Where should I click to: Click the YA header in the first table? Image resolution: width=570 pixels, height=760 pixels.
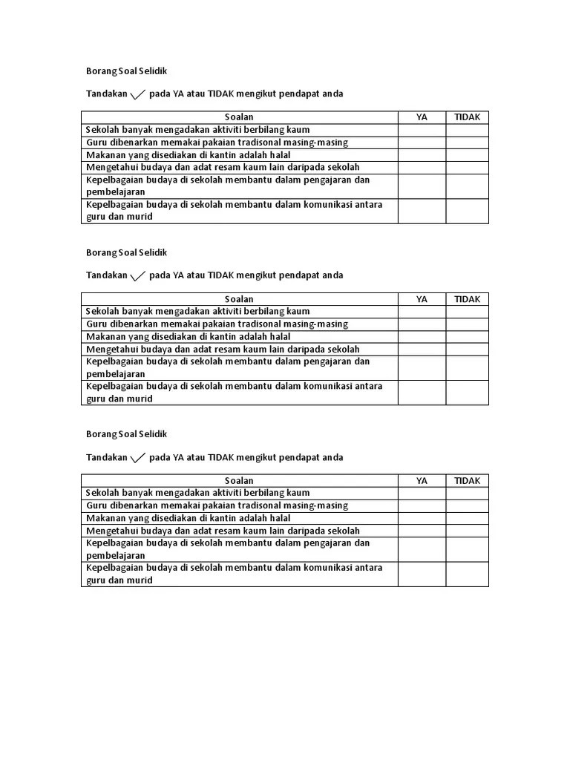(422, 117)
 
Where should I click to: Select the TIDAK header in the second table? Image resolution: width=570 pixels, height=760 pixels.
(467, 299)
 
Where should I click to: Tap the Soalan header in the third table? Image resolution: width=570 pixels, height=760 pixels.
(239, 481)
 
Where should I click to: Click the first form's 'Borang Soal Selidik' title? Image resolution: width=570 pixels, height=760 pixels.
(127, 71)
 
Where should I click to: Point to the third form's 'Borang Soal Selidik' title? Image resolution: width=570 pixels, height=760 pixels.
(127, 434)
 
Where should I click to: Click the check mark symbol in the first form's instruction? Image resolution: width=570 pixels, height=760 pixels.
(138, 94)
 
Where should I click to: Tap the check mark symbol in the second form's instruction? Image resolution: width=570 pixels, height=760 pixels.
(138, 276)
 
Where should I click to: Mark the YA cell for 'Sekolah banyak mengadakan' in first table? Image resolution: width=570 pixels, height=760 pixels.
(422, 130)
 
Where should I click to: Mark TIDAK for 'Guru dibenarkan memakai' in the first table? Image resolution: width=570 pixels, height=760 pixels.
(467, 142)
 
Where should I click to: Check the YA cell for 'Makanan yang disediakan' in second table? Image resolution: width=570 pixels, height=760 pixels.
(422, 337)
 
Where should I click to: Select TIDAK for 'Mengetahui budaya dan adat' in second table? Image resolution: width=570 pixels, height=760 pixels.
(467, 350)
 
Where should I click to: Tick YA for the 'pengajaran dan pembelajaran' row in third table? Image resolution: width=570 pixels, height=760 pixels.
(422, 549)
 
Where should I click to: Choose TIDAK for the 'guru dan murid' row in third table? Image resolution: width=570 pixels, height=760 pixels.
(467, 574)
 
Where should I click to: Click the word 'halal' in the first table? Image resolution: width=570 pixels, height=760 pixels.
(278, 155)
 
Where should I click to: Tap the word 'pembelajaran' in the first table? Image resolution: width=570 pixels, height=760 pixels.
(116, 192)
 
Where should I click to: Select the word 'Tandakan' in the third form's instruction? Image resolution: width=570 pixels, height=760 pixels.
(107, 457)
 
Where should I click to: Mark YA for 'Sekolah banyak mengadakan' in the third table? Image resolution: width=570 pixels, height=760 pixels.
(422, 493)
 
